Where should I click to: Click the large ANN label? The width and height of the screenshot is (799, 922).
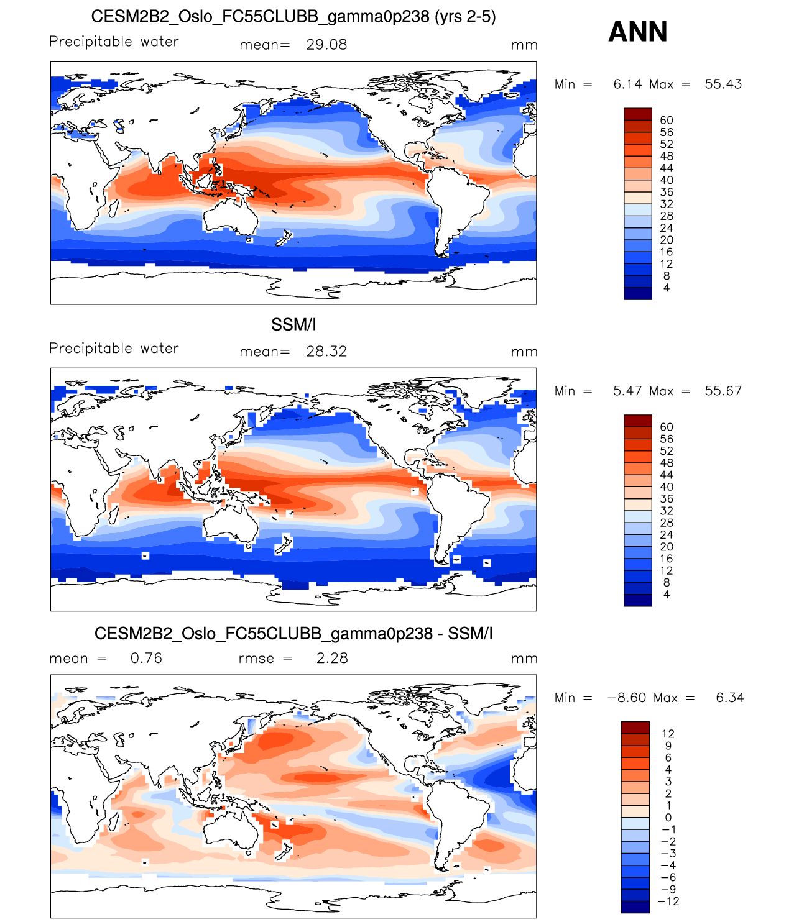click(x=637, y=32)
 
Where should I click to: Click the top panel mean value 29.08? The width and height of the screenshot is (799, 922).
click(x=326, y=45)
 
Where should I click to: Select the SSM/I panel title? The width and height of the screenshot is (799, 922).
click(x=293, y=324)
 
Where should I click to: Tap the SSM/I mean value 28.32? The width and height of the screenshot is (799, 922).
click(x=326, y=352)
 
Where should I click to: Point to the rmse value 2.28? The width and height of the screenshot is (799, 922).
click(x=332, y=659)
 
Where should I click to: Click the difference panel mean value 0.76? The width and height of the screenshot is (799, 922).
click(x=146, y=659)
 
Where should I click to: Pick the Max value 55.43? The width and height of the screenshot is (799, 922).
click(x=723, y=84)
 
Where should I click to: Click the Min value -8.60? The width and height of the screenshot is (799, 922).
click(x=627, y=698)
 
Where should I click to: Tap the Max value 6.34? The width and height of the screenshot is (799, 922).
click(x=730, y=698)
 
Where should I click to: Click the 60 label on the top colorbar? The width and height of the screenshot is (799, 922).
click(x=667, y=121)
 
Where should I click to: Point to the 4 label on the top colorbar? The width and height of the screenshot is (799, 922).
click(x=667, y=288)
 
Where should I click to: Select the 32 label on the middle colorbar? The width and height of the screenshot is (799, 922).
click(x=667, y=511)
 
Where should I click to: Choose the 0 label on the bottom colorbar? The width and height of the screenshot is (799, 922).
click(x=668, y=818)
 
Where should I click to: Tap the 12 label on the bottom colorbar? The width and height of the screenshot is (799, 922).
click(x=668, y=734)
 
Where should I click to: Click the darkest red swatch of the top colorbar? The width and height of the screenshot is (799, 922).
click(x=637, y=114)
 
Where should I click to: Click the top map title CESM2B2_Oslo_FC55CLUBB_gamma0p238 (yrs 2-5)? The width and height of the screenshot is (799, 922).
click(x=293, y=17)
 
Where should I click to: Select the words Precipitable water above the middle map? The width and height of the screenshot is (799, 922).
click(x=114, y=349)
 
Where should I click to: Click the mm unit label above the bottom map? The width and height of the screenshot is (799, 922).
click(x=524, y=659)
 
